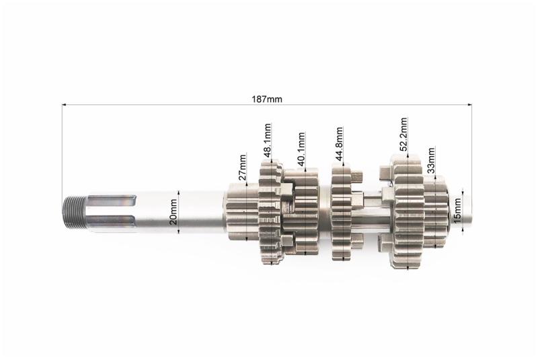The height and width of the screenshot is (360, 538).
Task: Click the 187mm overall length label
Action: [267, 100]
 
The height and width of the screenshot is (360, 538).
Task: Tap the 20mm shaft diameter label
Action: [174, 212]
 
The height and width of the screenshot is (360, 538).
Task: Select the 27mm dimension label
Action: [242, 168]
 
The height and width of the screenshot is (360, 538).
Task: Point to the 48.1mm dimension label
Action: [267, 140]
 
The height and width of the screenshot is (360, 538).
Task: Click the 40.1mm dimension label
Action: [301, 149]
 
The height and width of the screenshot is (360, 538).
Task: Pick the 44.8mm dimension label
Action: [339, 144]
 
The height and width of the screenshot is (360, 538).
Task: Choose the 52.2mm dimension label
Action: [403, 134]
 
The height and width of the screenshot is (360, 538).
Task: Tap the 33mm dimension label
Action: [431, 160]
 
